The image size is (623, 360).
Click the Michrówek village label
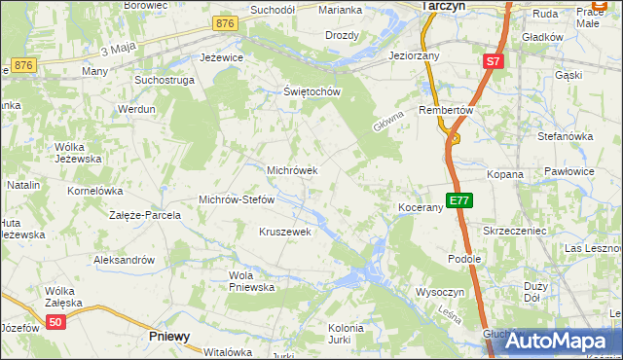[292, 170]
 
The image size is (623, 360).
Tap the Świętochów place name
[310, 92]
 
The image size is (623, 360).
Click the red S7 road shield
[494, 61]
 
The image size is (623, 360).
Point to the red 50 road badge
[56, 323]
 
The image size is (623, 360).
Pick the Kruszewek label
[284, 232]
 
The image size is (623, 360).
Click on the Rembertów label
[445, 110]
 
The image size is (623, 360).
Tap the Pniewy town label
[170, 336]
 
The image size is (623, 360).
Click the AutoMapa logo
[557, 342]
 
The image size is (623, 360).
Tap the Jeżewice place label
[220, 57]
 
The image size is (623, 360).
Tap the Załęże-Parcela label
[145, 214]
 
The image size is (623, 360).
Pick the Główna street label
[385, 122]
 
